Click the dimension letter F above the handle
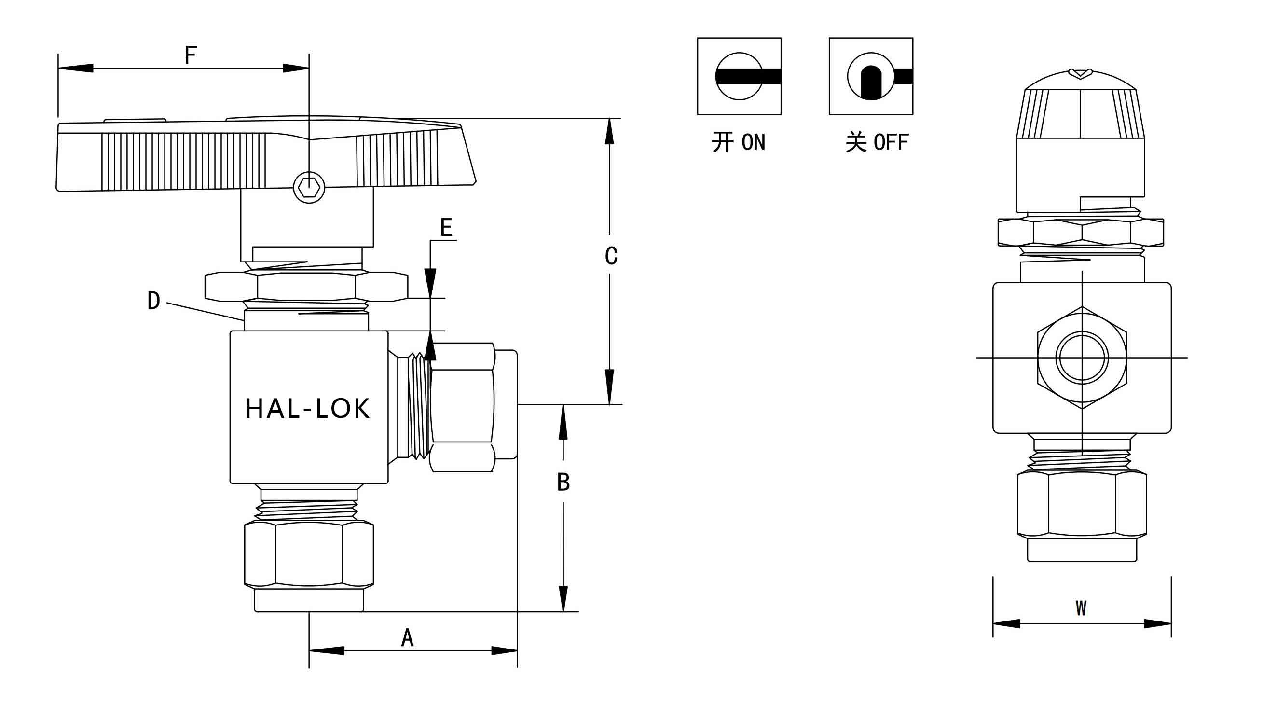pyautogui.click(x=191, y=55)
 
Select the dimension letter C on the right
pyautogui.click(x=611, y=256)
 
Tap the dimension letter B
pyautogui.click(x=563, y=482)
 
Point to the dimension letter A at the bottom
pyautogui.click(x=407, y=637)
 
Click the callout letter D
pyautogui.click(x=154, y=301)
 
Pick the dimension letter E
pyautogui.click(x=446, y=228)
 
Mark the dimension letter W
pyautogui.click(x=1081, y=608)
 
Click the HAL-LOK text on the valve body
pyautogui.click(x=308, y=409)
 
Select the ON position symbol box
pyautogui.click(x=739, y=76)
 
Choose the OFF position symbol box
pyautogui.click(x=871, y=76)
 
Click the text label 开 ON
pyautogui.click(x=739, y=143)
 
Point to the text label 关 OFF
pyautogui.click(x=877, y=143)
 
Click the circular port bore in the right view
pyautogui.click(x=1082, y=358)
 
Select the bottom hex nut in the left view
pyautogui.click(x=309, y=554)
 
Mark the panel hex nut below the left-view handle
pyautogui.click(x=306, y=286)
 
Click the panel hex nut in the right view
pyautogui.click(x=1080, y=232)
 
